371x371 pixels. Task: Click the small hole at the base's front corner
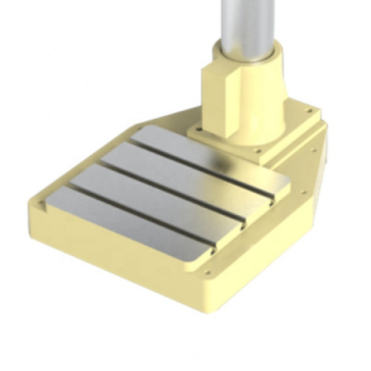[x=211, y=274]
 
